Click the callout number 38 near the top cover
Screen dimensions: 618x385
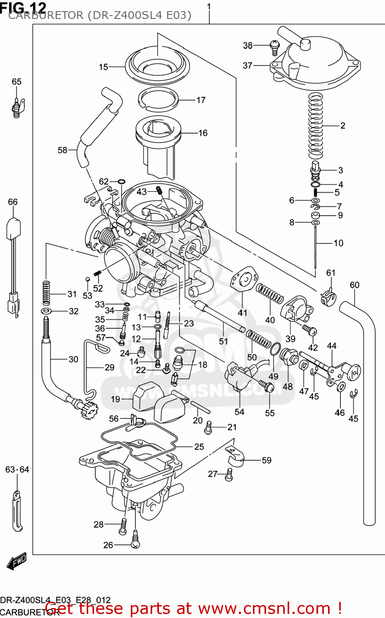247,45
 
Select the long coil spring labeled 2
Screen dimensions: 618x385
316,126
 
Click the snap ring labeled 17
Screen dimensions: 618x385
158,100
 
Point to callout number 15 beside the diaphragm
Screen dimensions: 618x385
103,67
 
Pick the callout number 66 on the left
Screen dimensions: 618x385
13,202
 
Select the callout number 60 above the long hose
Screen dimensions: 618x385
354,285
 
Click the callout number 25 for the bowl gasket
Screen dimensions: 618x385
199,447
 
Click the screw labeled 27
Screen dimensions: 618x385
229,475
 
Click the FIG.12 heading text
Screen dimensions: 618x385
23,7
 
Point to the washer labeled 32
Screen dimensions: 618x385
46,311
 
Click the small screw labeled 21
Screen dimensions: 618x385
208,428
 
